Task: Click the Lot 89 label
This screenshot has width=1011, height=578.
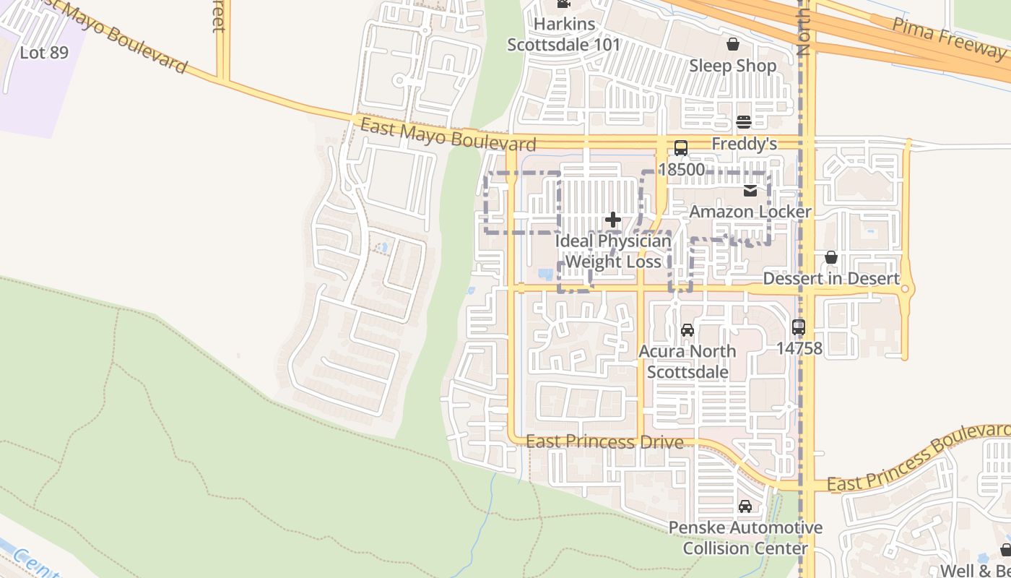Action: coord(44,53)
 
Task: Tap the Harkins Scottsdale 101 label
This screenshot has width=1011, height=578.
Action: coord(563,34)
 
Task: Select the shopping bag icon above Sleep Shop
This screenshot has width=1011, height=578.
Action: coord(732,44)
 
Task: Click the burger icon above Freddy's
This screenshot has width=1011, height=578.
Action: coord(744,121)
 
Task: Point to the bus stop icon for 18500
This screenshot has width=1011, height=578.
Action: coord(680,148)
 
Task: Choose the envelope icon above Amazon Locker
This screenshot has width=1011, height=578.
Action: coord(750,191)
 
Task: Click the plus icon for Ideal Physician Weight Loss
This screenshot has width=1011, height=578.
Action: coord(613,220)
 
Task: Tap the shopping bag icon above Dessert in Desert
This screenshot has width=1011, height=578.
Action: coord(831,257)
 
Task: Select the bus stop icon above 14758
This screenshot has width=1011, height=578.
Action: coord(798,327)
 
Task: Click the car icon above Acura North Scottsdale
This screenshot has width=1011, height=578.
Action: coord(687,330)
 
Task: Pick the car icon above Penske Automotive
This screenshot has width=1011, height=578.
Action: coord(745,506)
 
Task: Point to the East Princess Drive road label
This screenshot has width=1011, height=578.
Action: coord(604,441)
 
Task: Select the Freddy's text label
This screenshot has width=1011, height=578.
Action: coord(744,144)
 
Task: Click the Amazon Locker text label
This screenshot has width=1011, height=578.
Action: coord(750,212)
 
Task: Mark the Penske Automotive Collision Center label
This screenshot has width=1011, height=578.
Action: coord(745,538)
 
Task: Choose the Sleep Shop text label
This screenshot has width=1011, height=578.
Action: coord(732,66)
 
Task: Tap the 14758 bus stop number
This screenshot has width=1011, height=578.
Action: coord(799,348)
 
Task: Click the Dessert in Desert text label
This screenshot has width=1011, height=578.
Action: coord(831,279)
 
